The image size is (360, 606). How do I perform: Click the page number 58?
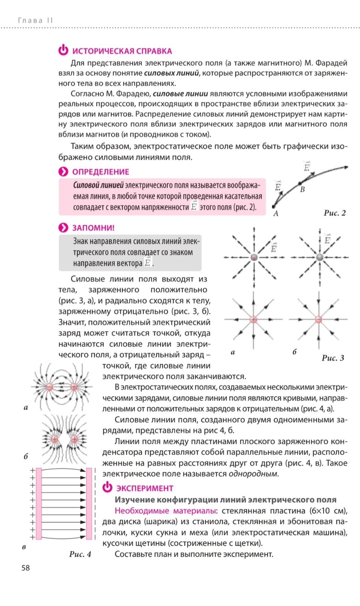[26, 568]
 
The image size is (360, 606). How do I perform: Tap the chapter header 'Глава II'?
[36, 20]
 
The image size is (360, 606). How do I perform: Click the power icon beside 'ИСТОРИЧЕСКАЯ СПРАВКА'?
[63, 50]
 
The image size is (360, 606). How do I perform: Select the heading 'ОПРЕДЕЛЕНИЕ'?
[100, 172]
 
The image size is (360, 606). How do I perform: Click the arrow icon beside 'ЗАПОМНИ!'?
[63, 228]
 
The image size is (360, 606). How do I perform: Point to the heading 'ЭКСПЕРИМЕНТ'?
[144, 488]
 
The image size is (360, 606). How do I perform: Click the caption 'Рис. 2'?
[334, 213]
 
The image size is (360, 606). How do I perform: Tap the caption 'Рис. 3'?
[333, 358]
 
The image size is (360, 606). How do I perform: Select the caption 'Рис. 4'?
[80, 554]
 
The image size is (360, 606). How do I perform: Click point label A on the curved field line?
[276, 213]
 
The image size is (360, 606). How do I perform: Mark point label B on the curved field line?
[302, 189]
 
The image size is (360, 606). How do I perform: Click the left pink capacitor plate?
[39, 503]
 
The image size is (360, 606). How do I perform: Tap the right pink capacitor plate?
[89, 503]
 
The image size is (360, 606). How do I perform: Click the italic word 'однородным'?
[253, 473]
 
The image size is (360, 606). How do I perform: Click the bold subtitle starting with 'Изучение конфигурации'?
[225, 499]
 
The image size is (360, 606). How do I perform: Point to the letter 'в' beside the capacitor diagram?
[24, 547]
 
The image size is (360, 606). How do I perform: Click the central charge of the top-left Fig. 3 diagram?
[254, 257]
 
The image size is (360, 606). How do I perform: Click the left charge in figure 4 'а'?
[50, 387]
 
